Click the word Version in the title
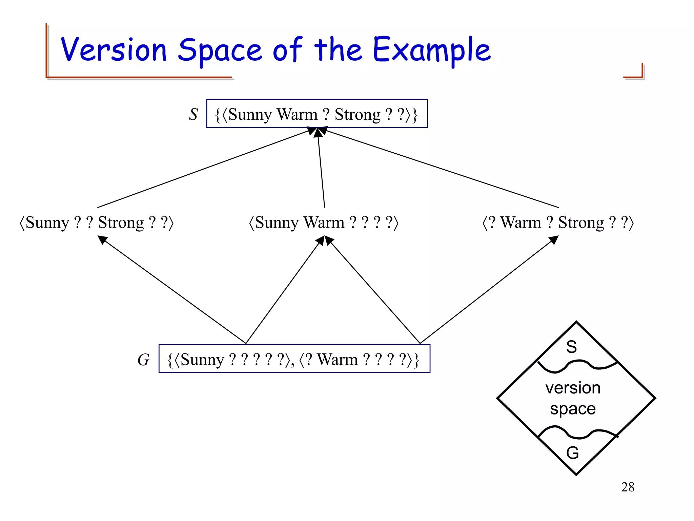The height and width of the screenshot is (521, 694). (x=114, y=50)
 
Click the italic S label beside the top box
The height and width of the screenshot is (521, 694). (x=193, y=114)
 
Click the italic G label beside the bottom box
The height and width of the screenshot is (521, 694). (x=143, y=360)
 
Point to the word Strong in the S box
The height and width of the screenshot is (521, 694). (x=358, y=115)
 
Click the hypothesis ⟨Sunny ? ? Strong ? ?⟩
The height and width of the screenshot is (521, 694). (x=97, y=223)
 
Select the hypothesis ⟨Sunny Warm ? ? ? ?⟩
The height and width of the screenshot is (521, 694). (x=324, y=223)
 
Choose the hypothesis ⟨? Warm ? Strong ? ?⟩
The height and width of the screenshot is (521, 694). (x=558, y=223)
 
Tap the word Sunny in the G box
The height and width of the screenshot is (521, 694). (x=202, y=360)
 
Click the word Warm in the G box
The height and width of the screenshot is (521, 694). (x=337, y=360)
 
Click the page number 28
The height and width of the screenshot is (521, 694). (x=628, y=487)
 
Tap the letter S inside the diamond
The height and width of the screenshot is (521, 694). (x=571, y=347)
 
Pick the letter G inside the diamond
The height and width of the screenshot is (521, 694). (x=572, y=452)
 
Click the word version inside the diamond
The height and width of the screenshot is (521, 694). (x=573, y=388)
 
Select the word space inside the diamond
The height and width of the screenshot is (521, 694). (x=573, y=409)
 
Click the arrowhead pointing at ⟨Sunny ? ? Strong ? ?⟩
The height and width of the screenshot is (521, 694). (x=102, y=239)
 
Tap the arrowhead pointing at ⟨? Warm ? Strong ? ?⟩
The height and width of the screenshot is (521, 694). (x=553, y=240)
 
